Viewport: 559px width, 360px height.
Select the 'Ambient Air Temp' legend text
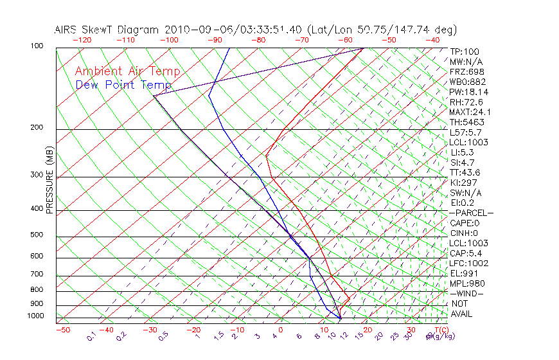[x=128, y=72]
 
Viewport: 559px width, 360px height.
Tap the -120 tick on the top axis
[x=82, y=40]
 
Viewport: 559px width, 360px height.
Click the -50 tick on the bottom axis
[x=62, y=330]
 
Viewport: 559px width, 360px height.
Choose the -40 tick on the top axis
[x=432, y=40]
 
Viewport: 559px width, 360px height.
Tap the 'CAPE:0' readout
[x=465, y=223]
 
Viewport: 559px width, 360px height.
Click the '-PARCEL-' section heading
[x=471, y=213]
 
